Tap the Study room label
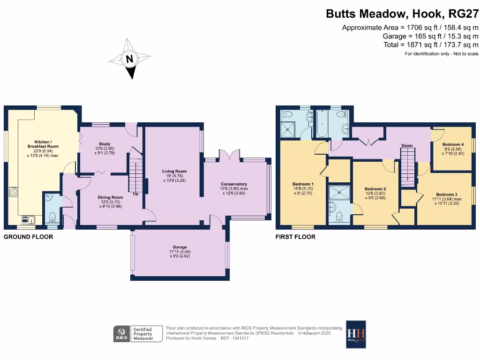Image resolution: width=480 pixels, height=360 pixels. coord(104,144)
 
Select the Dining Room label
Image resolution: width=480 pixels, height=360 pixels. coord(110,197)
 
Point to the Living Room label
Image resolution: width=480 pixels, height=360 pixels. coord(174,172)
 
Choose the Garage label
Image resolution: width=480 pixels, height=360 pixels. coord(179,247)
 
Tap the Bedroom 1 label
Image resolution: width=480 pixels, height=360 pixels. coord(302,184)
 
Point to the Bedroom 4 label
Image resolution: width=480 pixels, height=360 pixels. coord(453,144)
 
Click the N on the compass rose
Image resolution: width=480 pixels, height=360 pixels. coord(130,59)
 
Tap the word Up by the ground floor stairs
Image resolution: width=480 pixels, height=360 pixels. coord(136,194)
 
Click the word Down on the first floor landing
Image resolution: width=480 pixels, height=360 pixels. coord(407,146)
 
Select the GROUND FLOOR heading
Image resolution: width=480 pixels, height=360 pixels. coord(29,237)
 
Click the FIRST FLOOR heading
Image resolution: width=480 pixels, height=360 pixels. coord(295,237)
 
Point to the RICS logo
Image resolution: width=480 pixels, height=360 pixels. coord(120,334)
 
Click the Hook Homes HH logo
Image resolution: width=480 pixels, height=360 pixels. coord(356,334)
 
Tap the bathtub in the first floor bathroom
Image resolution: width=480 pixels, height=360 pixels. coord(322,122)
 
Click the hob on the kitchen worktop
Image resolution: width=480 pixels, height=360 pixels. coord(13,193)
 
